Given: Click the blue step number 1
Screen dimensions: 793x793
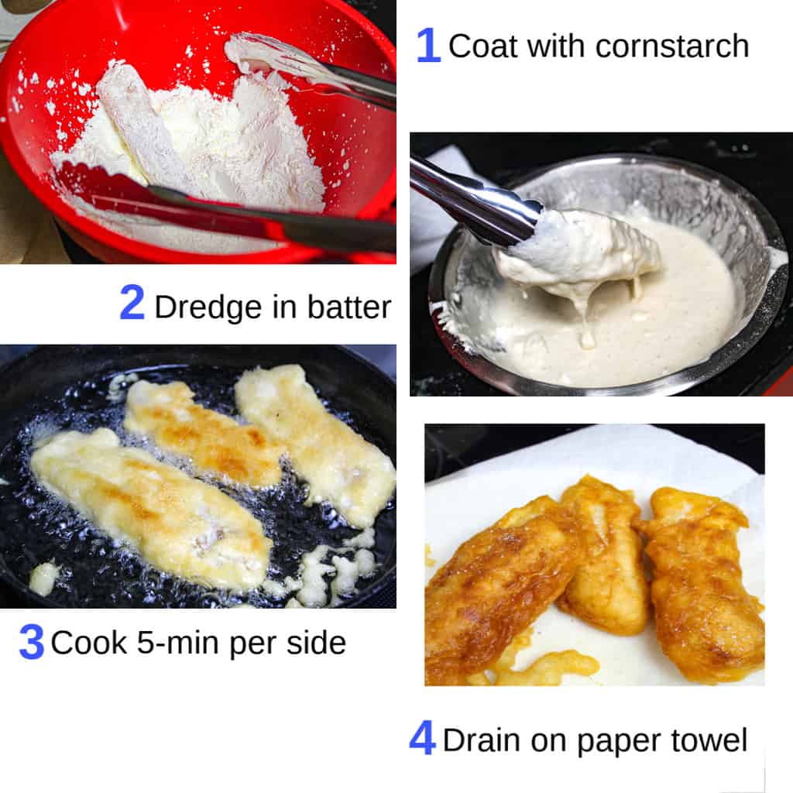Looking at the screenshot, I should [427, 46].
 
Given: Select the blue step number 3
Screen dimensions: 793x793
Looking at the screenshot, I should [31, 642].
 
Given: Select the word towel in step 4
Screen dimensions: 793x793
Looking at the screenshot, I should [707, 740].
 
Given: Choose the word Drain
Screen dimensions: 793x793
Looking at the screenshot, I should [482, 740].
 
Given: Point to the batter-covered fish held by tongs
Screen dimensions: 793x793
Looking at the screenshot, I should [577, 256].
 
